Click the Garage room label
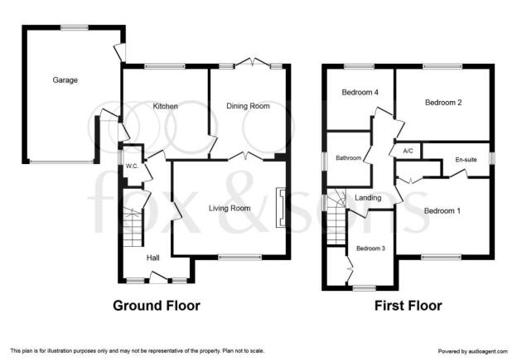(x=65, y=80)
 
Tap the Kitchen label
(x=166, y=106)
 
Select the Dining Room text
(x=248, y=106)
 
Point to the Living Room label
(x=230, y=209)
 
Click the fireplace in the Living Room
(x=281, y=208)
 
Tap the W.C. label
(x=132, y=167)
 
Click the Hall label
(x=153, y=258)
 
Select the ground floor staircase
(x=133, y=228)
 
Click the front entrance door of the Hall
(x=158, y=278)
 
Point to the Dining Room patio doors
(x=253, y=63)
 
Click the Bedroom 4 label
(x=360, y=92)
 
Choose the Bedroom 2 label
(x=443, y=103)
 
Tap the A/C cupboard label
(x=408, y=151)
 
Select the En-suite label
(x=466, y=160)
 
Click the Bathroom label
(x=349, y=158)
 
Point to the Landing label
(x=368, y=198)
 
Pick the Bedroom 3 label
(x=370, y=249)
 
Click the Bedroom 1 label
(x=442, y=210)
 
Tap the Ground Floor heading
(x=157, y=306)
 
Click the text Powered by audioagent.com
(x=473, y=351)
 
